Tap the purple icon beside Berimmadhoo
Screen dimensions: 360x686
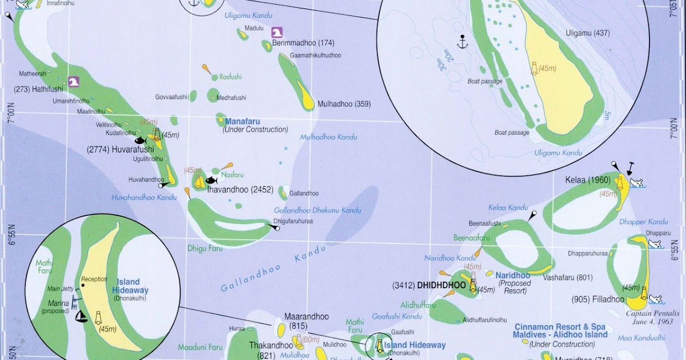[x=277, y=33]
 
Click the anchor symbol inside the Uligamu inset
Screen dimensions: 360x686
[x=461, y=41]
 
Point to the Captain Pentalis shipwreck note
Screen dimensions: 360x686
[x=652, y=317]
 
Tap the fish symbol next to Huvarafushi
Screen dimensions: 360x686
[x=140, y=140]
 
